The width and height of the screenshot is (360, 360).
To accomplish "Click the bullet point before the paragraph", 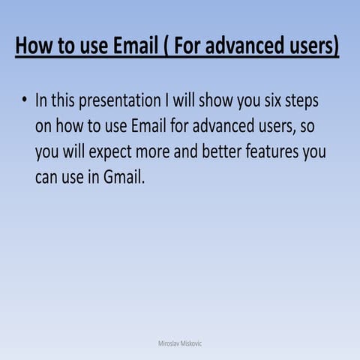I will pos(24,100).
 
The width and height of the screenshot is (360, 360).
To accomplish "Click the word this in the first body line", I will pos(66,100).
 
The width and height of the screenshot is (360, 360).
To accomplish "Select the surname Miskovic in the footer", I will pos(191,343).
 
